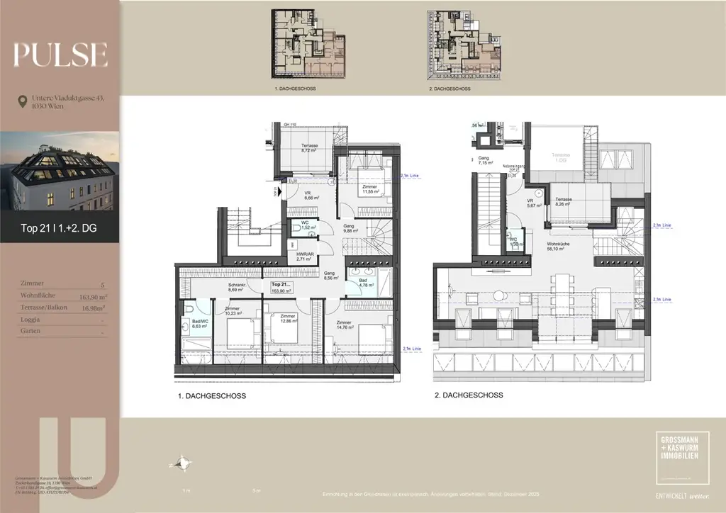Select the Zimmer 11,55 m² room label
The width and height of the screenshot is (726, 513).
369,189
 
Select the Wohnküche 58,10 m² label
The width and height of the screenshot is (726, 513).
559,246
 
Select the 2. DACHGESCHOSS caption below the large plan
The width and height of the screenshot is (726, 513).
469,395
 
